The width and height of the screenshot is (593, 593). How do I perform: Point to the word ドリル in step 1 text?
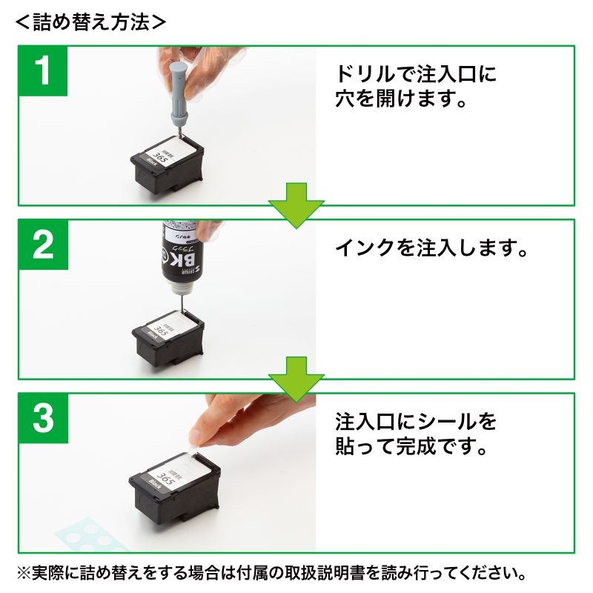point(360,75)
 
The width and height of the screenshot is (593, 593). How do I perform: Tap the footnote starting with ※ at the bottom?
point(274,573)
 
